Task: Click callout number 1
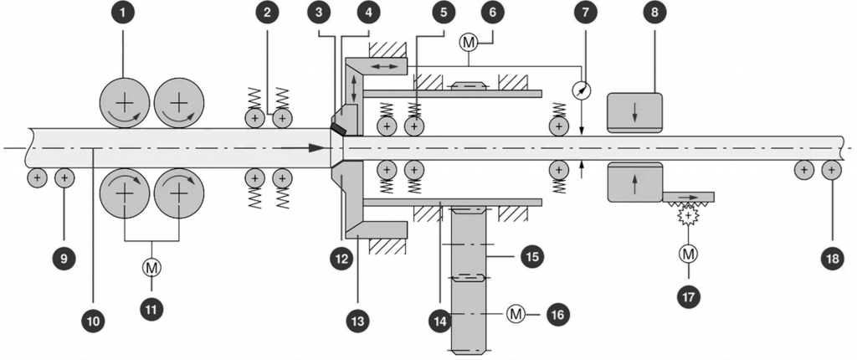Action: (124, 13)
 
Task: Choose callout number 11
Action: (151, 308)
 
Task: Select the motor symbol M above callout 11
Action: (151, 267)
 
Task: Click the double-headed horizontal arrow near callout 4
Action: (386, 64)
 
